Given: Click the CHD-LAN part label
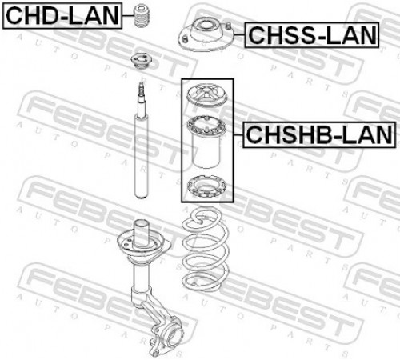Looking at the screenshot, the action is [x=62, y=16].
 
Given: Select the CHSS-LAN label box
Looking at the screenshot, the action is [x=312, y=35].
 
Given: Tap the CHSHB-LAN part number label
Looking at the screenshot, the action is [x=319, y=134].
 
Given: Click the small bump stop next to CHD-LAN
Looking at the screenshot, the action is [x=142, y=15].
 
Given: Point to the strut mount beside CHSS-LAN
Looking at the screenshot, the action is [x=206, y=36].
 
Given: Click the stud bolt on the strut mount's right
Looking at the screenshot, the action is [x=229, y=26].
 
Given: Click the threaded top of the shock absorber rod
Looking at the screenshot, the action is [x=141, y=90].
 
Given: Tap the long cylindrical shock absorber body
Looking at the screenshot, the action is [x=142, y=156].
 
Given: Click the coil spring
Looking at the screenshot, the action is [x=206, y=250].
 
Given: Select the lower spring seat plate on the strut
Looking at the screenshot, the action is [x=144, y=246].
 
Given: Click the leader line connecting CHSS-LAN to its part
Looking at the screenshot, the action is [x=239, y=35].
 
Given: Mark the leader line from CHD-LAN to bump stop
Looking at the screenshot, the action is [x=128, y=15].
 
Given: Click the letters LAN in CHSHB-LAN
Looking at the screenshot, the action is [x=366, y=134].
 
